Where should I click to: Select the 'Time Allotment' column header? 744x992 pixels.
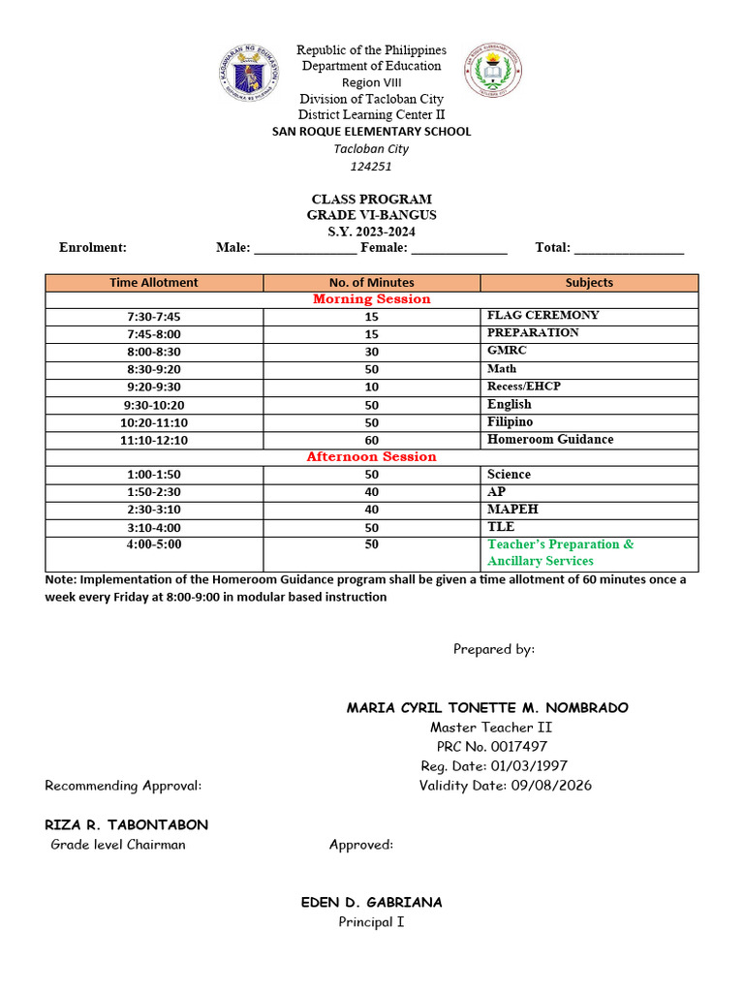(x=154, y=283)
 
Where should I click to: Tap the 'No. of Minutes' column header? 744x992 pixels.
(x=371, y=283)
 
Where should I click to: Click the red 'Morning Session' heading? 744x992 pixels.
(x=371, y=299)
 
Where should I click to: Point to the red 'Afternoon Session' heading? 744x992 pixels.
(x=371, y=456)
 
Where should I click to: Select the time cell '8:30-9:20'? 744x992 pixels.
(x=154, y=369)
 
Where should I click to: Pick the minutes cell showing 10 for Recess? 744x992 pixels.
(x=371, y=387)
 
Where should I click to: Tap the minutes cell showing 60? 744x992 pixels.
(x=371, y=440)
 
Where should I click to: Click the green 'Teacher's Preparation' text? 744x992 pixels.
(x=560, y=544)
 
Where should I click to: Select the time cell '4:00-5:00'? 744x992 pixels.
(x=154, y=545)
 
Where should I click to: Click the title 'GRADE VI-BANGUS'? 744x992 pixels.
(x=371, y=215)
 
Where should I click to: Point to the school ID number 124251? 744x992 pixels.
(x=371, y=166)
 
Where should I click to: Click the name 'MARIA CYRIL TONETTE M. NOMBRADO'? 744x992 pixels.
(x=487, y=708)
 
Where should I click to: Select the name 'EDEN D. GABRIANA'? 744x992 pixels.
(x=371, y=903)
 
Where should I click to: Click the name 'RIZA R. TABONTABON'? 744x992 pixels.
(x=126, y=825)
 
